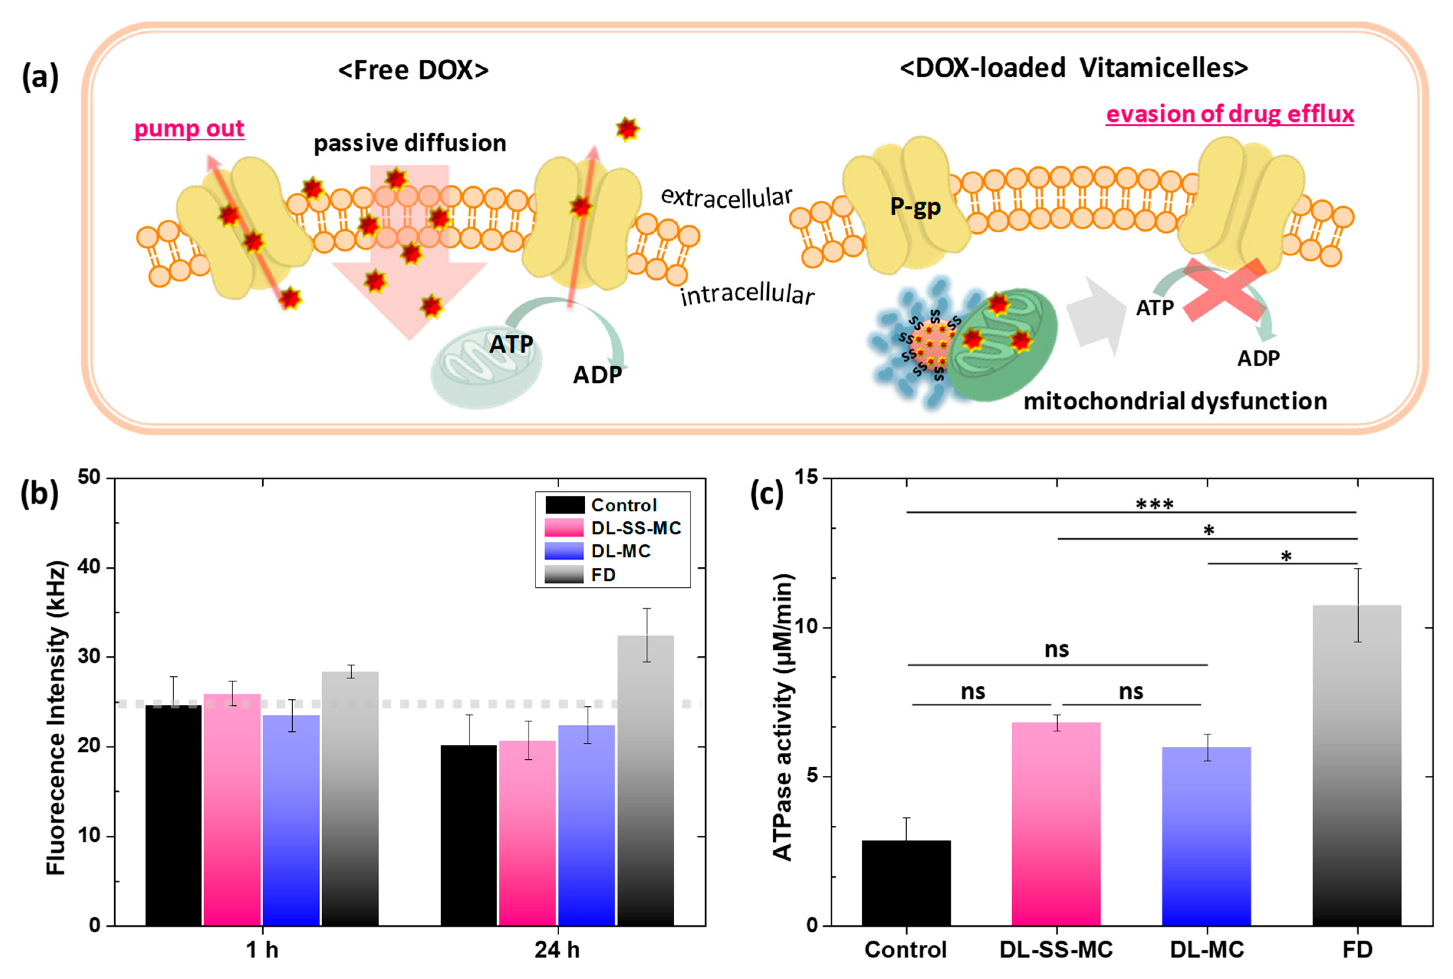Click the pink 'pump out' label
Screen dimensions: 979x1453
pos(189,129)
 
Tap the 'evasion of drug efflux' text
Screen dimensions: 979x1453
pos(1229,114)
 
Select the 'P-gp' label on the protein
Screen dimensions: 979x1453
pos(915,206)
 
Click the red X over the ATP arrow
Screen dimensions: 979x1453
pos(1223,290)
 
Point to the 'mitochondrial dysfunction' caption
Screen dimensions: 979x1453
pos(1175,401)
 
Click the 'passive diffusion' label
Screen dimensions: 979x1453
pos(410,143)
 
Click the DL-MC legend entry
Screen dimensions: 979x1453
pos(600,551)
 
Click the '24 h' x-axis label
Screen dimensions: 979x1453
pos(557,949)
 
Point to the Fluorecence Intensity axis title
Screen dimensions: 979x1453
pos(56,718)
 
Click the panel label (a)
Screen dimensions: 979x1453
pos(40,77)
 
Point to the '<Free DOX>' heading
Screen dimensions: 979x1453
pos(413,70)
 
